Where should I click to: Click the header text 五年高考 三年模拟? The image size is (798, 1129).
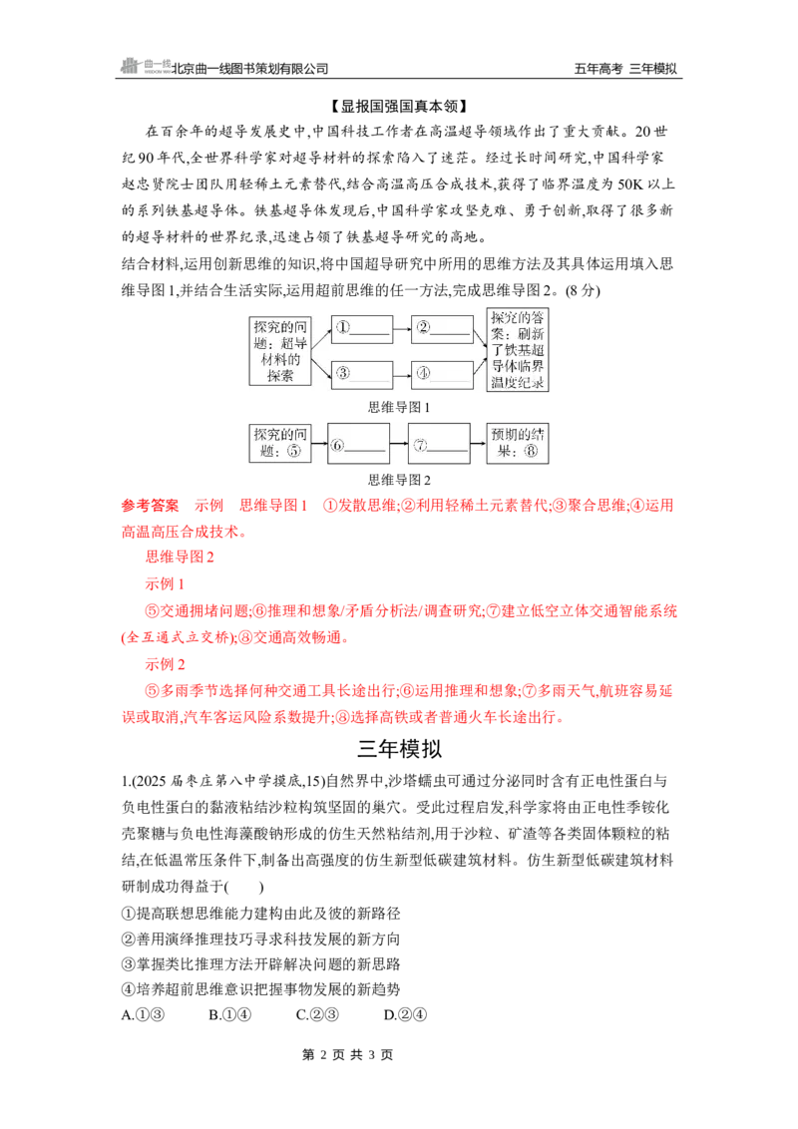tap(625, 69)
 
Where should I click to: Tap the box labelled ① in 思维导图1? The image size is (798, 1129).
tap(361, 330)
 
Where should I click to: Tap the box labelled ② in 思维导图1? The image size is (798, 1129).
tap(442, 330)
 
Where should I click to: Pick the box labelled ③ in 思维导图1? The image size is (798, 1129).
tap(361, 373)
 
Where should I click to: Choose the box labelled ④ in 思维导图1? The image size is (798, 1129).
tap(442, 373)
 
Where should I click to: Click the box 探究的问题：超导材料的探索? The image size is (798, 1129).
tap(280, 351)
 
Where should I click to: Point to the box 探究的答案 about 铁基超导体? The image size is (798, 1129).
tap(517, 351)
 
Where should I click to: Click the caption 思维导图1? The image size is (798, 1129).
tap(399, 408)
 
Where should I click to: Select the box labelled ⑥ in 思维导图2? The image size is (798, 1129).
tap(358, 444)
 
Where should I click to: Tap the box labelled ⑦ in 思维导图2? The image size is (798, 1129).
tap(439, 444)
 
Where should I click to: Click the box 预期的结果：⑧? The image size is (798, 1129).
tap(517, 444)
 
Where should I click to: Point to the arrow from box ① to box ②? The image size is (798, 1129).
tap(402, 330)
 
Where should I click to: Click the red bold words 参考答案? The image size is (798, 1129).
tap(150, 506)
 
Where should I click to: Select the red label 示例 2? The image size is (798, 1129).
tap(165, 664)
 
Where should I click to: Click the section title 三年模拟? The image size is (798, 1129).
tap(399, 749)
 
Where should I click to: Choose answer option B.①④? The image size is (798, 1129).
tap(229, 1014)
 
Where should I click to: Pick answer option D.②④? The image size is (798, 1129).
tap(405, 1014)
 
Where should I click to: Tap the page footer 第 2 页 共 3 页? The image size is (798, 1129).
tap(347, 1055)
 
